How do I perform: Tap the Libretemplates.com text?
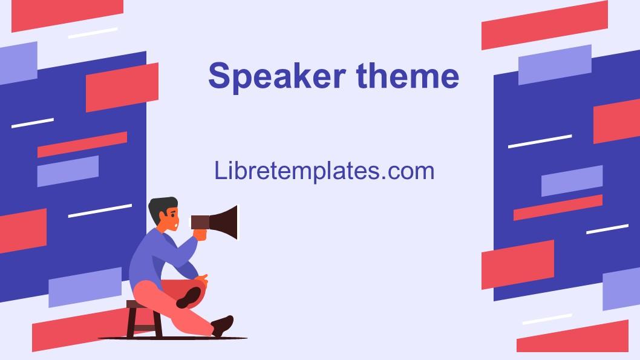324,171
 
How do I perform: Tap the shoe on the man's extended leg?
223,325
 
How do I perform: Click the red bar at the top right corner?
544,25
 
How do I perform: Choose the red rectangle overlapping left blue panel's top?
122,88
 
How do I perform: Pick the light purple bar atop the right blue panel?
554,64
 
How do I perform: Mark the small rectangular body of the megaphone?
200,221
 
